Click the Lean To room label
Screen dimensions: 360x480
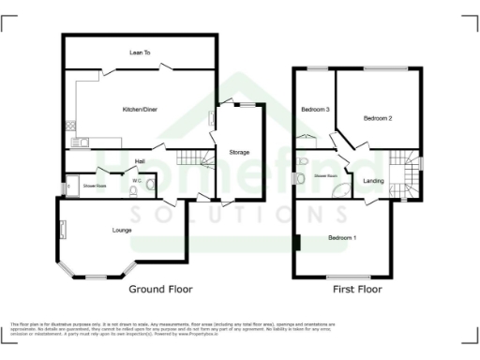click(x=140, y=52)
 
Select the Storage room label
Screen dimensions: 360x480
click(x=239, y=151)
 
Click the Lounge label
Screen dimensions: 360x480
click(x=122, y=229)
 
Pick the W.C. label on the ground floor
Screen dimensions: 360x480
click(x=137, y=180)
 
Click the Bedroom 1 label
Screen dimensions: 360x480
click(x=342, y=238)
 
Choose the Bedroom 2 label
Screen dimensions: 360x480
click(x=378, y=118)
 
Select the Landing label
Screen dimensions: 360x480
click(x=373, y=180)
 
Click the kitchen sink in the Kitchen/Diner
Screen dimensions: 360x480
click(x=82, y=142)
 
